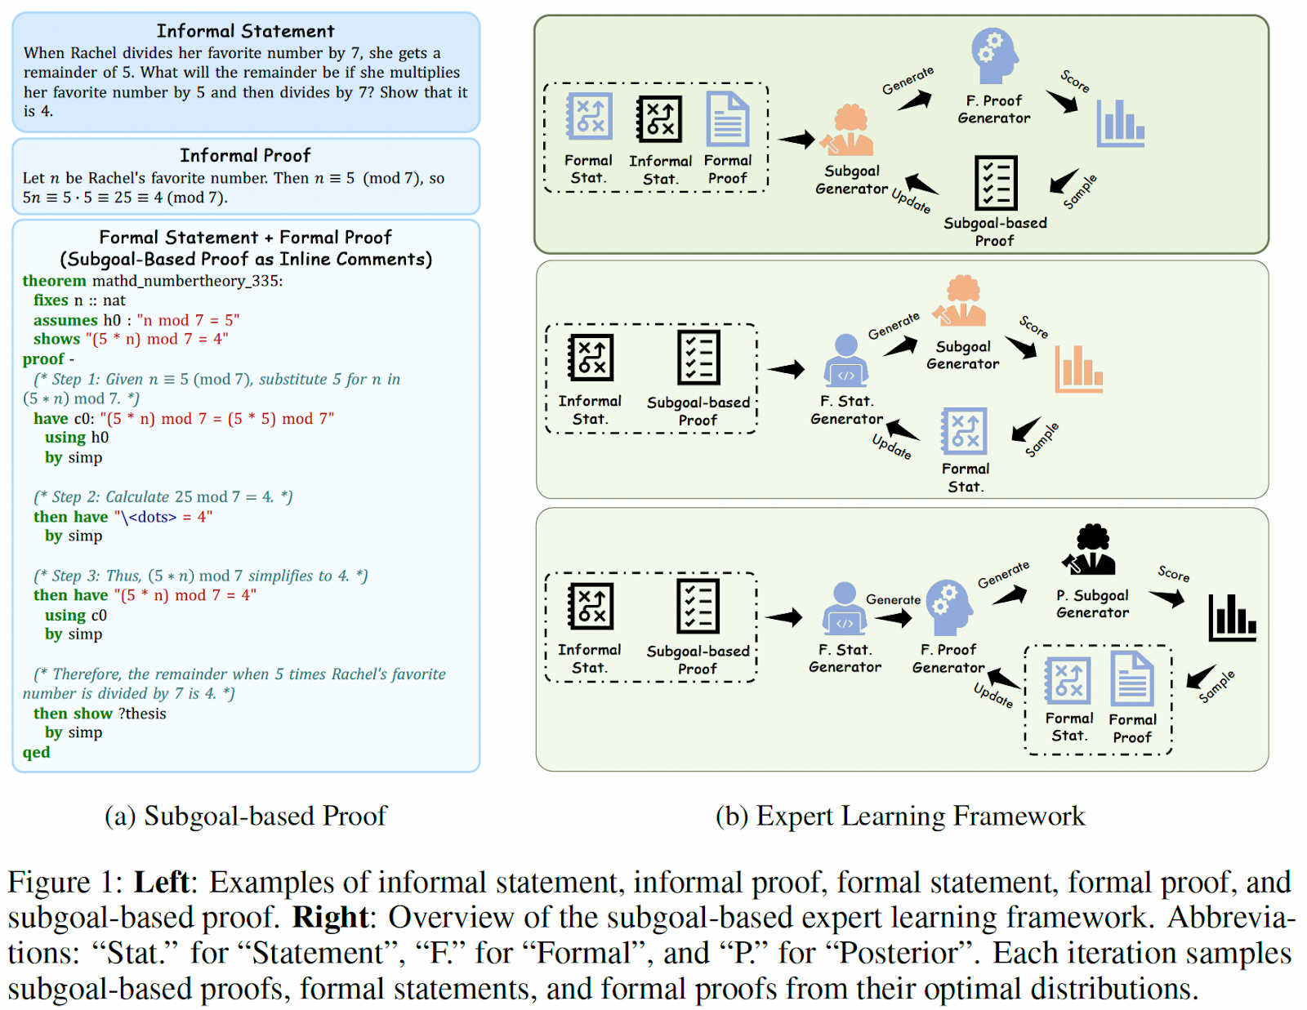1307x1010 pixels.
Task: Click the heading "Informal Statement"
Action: coord(245,31)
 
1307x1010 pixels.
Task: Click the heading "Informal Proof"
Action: coord(245,155)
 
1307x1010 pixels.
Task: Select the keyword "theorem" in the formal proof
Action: coord(54,281)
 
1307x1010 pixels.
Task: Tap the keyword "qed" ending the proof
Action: coord(36,752)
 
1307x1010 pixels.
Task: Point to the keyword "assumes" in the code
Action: coord(65,320)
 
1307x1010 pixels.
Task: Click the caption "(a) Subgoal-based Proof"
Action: coord(245,816)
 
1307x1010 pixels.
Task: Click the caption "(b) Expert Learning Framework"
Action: coord(900,816)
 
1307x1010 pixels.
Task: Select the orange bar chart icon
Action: coord(1078,368)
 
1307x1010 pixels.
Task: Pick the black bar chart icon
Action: coord(1232,617)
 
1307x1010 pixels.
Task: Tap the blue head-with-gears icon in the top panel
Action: coord(994,56)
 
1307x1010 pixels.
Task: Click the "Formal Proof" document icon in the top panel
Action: coord(727,119)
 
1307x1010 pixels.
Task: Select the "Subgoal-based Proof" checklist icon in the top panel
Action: coord(996,183)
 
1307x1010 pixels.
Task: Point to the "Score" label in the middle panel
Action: coord(1033,327)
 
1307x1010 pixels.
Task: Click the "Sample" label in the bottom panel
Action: coord(1216,686)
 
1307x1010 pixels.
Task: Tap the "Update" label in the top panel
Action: coord(910,200)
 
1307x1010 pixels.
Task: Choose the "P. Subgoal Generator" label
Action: coord(1092,604)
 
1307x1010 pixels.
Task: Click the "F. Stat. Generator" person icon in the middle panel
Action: coord(845,359)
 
